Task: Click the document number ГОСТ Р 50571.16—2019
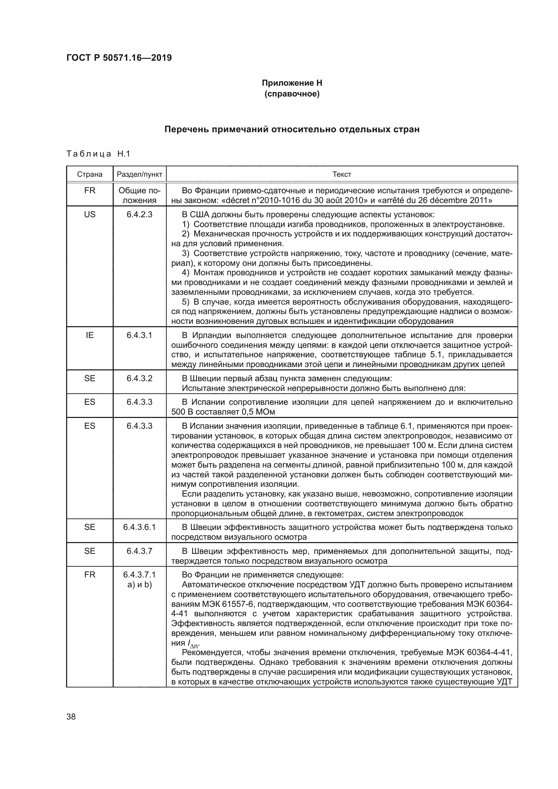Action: point(119,58)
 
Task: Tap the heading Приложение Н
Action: point(292,83)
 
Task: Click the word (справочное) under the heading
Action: point(292,94)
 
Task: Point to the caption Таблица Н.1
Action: point(98,153)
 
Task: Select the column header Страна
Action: point(90,174)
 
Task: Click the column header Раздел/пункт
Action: point(140,174)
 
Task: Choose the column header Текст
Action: point(341,174)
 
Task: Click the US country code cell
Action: point(90,215)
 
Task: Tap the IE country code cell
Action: point(90,335)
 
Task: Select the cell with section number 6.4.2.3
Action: point(140,215)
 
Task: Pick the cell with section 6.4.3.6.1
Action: point(140,527)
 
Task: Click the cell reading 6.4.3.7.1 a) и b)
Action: point(140,580)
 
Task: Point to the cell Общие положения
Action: point(140,195)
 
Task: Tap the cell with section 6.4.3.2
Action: point(140,378)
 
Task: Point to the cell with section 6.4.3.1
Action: point(140,335)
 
